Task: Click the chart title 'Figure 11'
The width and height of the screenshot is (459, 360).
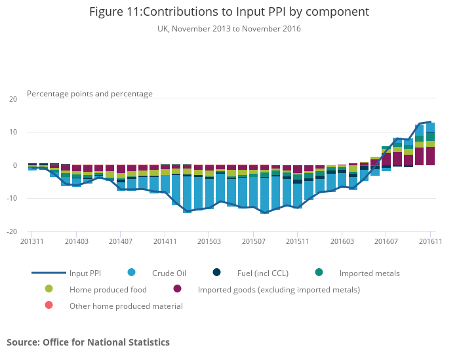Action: [x=229, y=12]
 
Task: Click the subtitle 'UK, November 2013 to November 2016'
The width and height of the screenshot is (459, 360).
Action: [x=229, y=29]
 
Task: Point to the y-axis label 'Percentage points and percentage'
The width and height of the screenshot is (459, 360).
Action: [x=90, y=94]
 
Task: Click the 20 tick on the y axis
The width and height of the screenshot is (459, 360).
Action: [x=13, y=99]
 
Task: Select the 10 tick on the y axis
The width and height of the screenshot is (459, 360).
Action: [x=13, y=132]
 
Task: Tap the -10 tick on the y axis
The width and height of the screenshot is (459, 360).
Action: [x=12, y=199]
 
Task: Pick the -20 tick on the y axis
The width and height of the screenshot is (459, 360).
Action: [x=12, y=231]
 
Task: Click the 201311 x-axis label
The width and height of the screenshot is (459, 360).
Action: [x=32, y=241]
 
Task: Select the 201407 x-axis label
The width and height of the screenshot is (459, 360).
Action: [x=121, y=241]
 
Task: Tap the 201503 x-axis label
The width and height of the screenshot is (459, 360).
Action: [x=209, y=241]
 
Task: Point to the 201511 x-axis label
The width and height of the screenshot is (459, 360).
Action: [x=298, y=241]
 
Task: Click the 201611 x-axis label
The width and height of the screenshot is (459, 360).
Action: [x=429, y=241]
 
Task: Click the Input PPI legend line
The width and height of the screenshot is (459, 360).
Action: [x=49, y=273]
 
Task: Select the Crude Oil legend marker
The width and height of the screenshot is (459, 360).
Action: [x=131, y=273]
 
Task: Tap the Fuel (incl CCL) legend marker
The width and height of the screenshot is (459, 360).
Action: [x=217, y=273]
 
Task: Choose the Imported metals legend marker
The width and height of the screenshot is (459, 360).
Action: [x=319, y=273]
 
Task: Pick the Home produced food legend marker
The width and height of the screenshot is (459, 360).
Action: [x=49, y=289]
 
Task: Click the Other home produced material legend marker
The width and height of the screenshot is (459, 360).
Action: [x=49, y=306]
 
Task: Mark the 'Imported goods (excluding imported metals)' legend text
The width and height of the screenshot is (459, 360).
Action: [x=279, y=289]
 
